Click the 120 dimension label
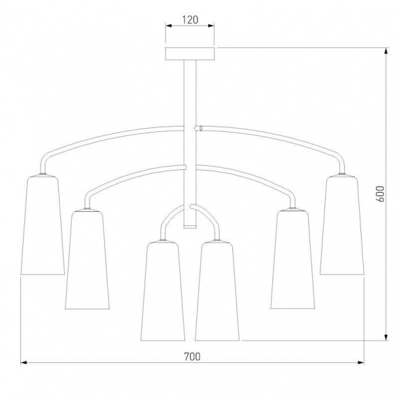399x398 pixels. (190, 20)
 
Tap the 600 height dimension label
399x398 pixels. (380, 194)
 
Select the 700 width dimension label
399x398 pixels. (192, 357)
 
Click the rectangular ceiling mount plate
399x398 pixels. (190, 53)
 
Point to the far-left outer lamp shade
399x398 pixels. (43, 225)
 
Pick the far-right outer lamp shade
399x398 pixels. (342, 225)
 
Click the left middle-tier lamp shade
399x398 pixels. (87, 260)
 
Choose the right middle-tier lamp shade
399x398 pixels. (293, 260)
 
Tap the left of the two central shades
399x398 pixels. (163, 291)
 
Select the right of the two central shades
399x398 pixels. (217, 291)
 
